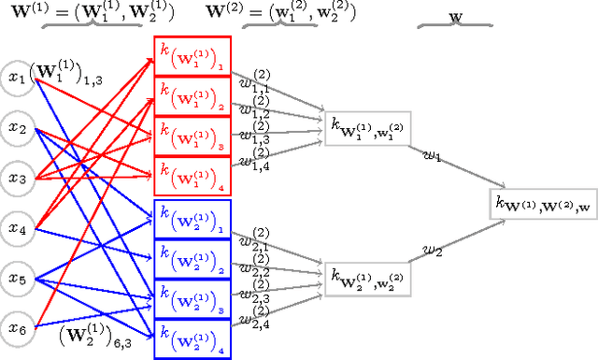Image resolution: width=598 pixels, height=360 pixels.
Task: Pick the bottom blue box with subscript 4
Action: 191,333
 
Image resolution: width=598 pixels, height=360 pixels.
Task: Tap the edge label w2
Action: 432,251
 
